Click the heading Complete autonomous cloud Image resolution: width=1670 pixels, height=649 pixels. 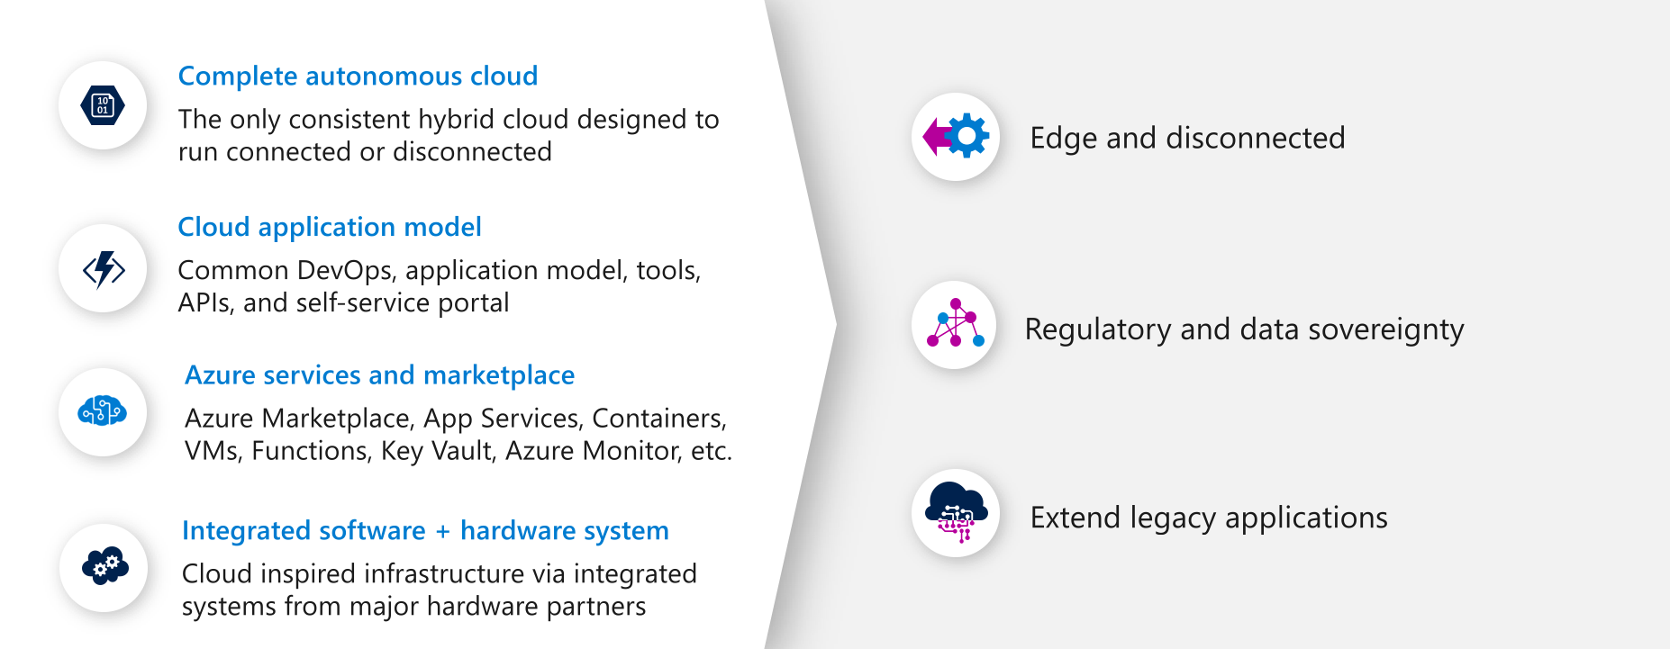tap(358, 77)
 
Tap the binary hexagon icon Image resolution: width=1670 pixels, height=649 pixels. tap(103, 105)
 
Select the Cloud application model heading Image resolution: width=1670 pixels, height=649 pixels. tap(329, 227)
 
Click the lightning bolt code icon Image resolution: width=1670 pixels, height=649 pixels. tap(104, 268)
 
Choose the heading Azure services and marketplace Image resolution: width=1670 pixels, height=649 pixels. tap(379, 375)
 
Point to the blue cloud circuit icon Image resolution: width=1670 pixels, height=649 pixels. tap(103, 411)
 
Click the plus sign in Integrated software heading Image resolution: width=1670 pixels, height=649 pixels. tap(442, 532)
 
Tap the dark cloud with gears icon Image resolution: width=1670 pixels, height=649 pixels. tap(104, 567)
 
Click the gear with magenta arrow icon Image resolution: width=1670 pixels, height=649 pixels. tap(956, 137)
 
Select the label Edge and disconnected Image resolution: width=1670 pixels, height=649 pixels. tap(1187, 138)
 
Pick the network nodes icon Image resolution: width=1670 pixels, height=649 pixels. tap(955, 324)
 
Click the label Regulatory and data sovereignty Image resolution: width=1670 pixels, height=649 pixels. tap(1244, 329)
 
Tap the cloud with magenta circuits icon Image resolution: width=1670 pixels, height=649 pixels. tap(956, 512)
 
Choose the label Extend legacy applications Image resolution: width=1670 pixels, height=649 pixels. tap(1209, 518)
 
